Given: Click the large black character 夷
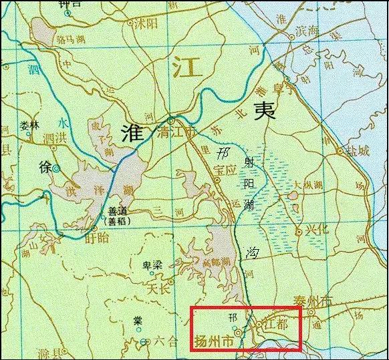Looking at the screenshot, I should tap(260, 111).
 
